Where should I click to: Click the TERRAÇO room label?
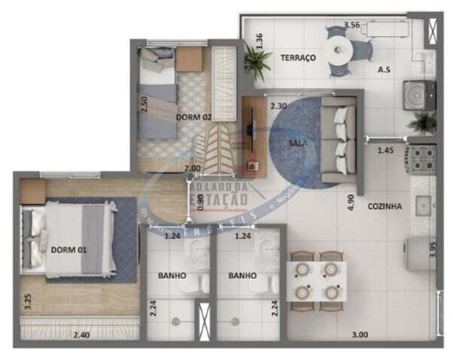298,58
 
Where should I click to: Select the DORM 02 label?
194,117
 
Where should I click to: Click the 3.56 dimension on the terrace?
351,25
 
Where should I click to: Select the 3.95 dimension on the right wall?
433,249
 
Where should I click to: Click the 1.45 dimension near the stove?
385,151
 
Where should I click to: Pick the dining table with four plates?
318,277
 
